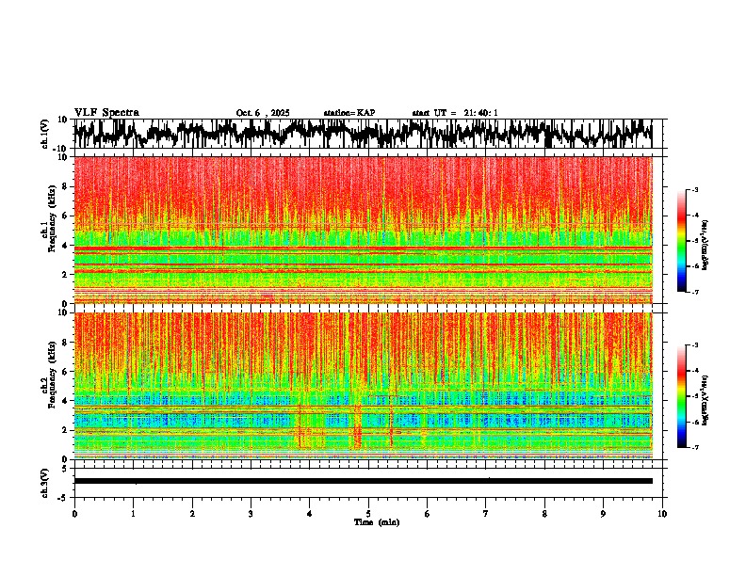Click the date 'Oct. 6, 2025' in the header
(x=263, y=113)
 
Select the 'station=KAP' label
(x=349, y=113)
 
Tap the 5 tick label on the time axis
(x=368, y=514)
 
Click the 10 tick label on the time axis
(x=662, y=514)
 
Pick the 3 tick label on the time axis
(x=251, y=514)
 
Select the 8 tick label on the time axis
(x=544, y=514)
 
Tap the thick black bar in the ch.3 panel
(x=363, y=481)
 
